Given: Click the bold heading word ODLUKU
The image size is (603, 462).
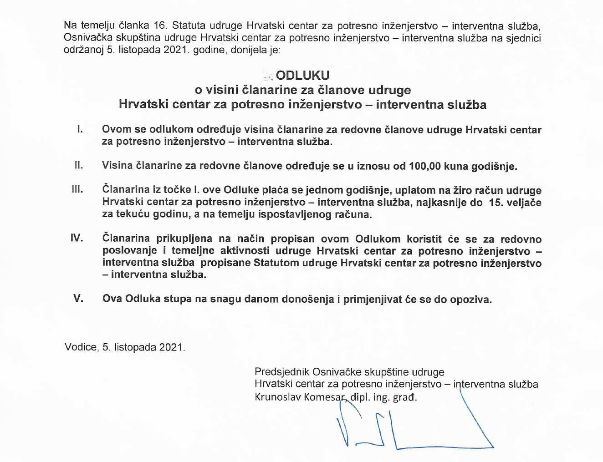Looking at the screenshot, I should tap(302, 76).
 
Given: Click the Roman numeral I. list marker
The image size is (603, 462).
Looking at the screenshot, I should tap(80, 129).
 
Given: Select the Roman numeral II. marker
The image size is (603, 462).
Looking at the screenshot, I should tap(79, 165).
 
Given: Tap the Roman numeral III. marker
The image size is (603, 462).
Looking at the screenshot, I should tap(77, 189).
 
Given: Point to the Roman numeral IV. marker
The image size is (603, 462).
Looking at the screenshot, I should tap(77, 238).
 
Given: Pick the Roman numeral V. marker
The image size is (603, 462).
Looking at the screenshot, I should tap(78, 299).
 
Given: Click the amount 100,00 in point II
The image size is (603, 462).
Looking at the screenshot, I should tap(425, 166).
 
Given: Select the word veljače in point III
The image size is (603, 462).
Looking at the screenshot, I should tap(524, 203).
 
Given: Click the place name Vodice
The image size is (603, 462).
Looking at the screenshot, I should tap(81, 347).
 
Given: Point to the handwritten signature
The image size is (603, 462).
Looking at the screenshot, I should tap(410, 428).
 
